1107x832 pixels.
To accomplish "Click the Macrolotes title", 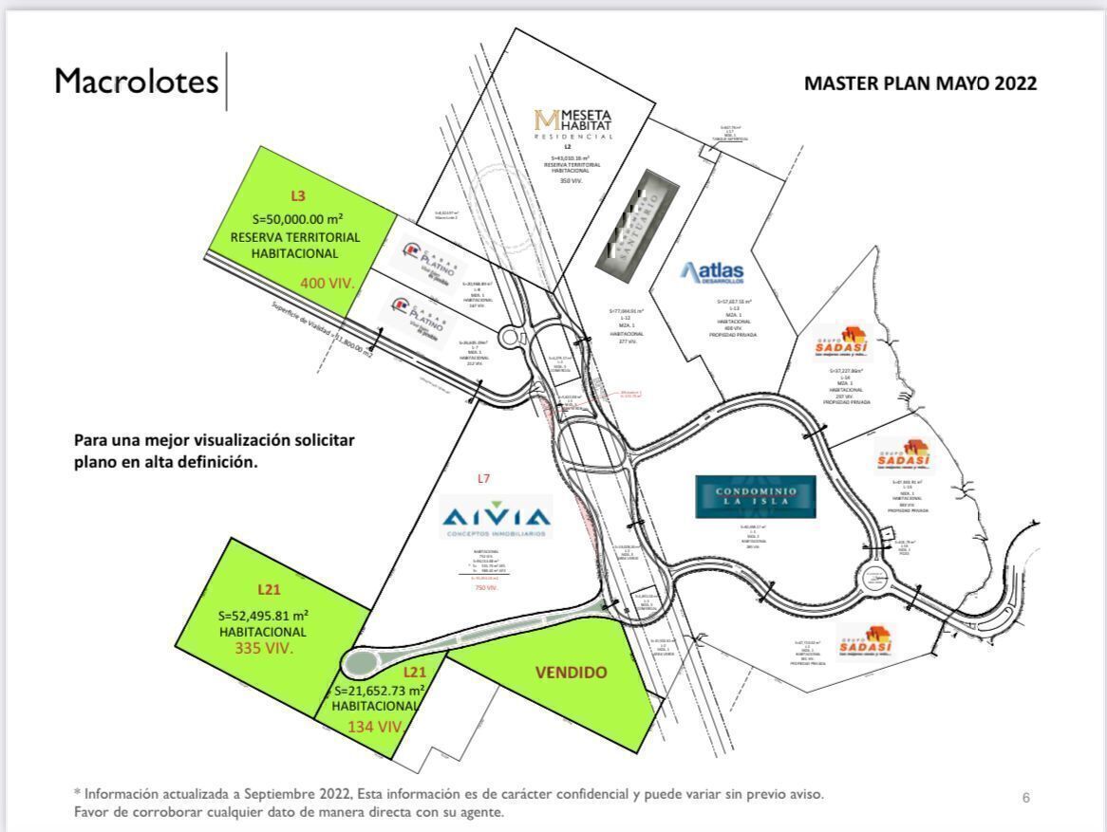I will click(x=136, y=82).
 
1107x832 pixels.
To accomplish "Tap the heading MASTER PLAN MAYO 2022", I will click(x=920, y=83).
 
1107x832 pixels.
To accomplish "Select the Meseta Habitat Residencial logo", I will click(x=573, y=123).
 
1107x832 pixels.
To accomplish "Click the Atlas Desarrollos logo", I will click(x=712, y=273).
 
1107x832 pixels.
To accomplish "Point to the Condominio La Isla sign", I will click(x=755, y=496).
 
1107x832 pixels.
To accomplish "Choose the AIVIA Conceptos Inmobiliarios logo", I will click(x=497, y=520).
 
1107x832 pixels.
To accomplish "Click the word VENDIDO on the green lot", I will click(x=571, y=673).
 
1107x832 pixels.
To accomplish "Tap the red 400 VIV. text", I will click(x=328, y=283).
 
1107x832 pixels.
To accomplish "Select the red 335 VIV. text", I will click(x=263, y=649).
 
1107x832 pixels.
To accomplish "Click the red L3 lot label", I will click(x=297, y=196).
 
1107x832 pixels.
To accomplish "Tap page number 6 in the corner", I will click(x=1025, y=798).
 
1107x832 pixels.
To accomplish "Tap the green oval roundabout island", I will click(x=362, y=661).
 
